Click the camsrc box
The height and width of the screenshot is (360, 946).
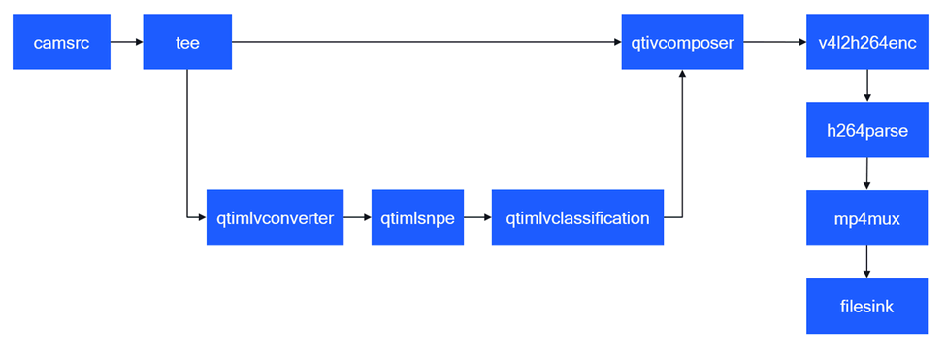[61, 43]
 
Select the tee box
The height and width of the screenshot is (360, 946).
[188, 43]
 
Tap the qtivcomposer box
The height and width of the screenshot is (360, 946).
[682, 43]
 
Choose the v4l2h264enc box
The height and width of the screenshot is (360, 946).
[866, 43]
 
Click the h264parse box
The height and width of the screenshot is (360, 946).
[866, 130]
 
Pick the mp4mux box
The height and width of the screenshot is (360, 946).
[866, 218]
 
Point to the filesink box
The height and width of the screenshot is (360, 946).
[866, 306]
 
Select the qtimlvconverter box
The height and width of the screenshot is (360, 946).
[275, 218]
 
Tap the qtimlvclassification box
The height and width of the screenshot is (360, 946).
[577, 218]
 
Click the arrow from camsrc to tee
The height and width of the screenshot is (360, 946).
[127, 43]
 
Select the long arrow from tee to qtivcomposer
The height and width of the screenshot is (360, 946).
[427, 43]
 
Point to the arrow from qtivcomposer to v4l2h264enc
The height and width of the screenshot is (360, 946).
[775, 43]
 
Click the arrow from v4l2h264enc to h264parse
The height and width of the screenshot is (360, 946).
[866, 86]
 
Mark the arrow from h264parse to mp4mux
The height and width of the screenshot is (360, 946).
[866, 175]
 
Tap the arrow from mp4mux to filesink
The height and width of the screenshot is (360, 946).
[866, 262]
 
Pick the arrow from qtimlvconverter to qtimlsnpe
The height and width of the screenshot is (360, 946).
[357, 218]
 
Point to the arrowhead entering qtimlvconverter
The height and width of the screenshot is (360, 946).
[201, 218]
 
